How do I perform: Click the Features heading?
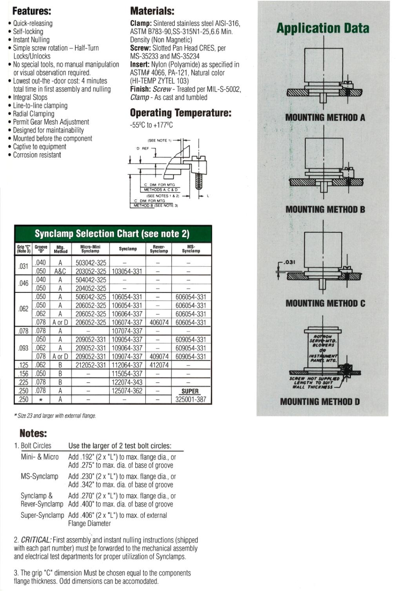(x=32, y=11)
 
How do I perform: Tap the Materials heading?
(x=152, y=11)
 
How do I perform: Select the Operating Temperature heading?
(x=180, y=113)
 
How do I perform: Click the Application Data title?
(x=323, y=28)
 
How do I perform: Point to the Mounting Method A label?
(x=325, y=118)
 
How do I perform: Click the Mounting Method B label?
(x=325, y=210)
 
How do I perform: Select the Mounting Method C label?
(x=325, y=303)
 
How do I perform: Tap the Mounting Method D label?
(x=320, y=402)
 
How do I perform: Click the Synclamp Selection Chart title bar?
(x=112, y=234)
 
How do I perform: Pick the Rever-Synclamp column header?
(x=158, y=249)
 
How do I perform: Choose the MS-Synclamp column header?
(x=191, y=249)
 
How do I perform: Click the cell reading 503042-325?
(x=91, y=263)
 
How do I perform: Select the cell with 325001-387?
(x=191, y=400)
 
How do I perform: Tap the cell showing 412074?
(x=159, y=365)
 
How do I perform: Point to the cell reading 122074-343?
(x=127, y=383)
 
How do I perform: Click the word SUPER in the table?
(x=190, y=391)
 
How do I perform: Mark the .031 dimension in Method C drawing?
(x=289, y=262)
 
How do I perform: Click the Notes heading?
(x=33, y=433)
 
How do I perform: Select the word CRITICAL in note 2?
(x=36, y=540)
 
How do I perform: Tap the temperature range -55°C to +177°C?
(x=151, y=125)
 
